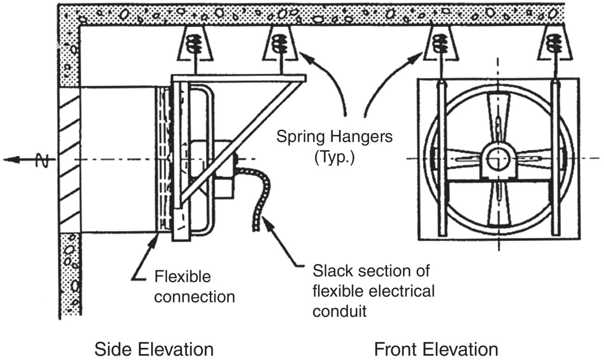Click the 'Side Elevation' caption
(x=154, y=349)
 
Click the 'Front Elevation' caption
(x=436, y=349)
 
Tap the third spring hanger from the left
(x=441, y=44)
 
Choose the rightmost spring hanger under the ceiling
(x=554, y=44)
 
